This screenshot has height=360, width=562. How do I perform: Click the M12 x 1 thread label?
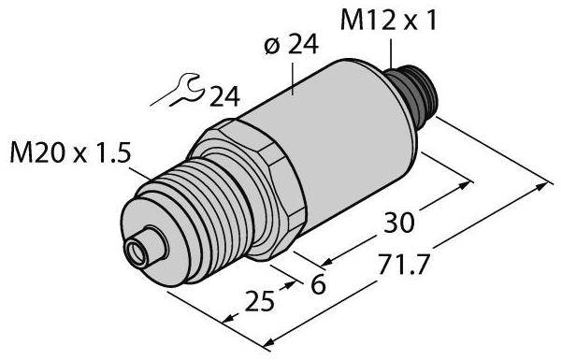388,20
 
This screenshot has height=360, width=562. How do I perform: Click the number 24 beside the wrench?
224,96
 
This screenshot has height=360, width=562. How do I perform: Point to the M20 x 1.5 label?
69,152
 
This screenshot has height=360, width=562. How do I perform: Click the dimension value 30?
399,223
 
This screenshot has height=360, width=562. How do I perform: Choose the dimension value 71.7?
403,265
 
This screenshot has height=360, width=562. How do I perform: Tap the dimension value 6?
318,284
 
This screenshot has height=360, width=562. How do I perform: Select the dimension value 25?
260,300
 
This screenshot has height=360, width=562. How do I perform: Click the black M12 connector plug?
412,95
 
